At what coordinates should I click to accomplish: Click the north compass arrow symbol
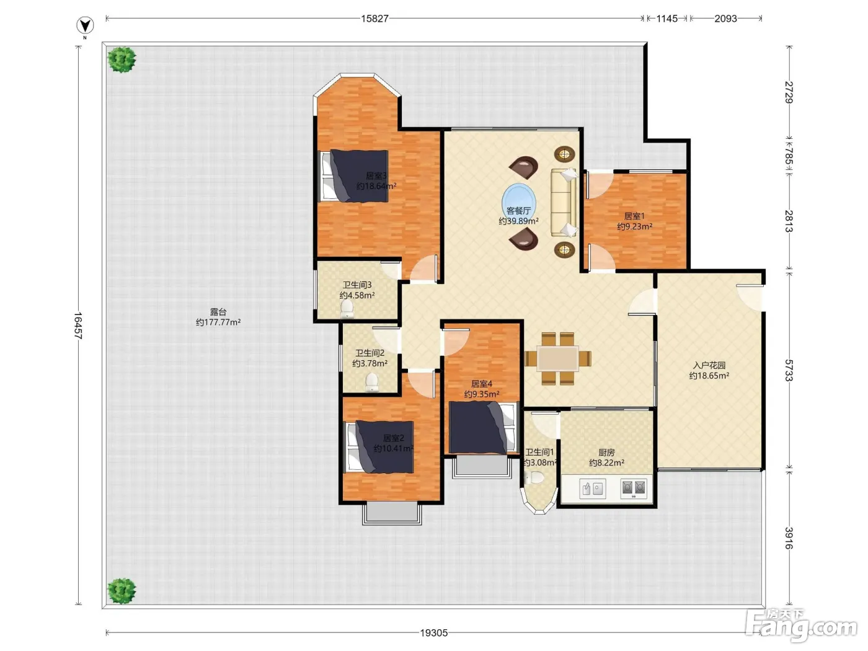click(84, 25)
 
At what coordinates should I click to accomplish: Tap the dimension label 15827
click(374, 19)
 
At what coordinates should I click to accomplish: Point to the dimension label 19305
click(433, 632)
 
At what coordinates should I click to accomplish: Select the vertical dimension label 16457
click(78, 325)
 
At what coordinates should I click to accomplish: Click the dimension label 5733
click(789, 370)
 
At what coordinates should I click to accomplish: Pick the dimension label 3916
click(789, 538)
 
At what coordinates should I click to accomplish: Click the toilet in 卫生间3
click(347, 308)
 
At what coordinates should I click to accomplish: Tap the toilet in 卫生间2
click(371, 382)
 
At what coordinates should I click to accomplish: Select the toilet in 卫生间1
click(534, 477)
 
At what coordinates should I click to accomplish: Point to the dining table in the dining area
click(557, 358)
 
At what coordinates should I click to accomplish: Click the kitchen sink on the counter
click(592, 489)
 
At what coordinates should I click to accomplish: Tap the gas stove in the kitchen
click(634, 489)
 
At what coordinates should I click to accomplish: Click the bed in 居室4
click(483, 427)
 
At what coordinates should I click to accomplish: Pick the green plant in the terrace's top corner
click(122, 60)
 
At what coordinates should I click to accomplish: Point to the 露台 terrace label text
click(218, 312)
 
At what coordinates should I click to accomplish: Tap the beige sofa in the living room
click(564, 202)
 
